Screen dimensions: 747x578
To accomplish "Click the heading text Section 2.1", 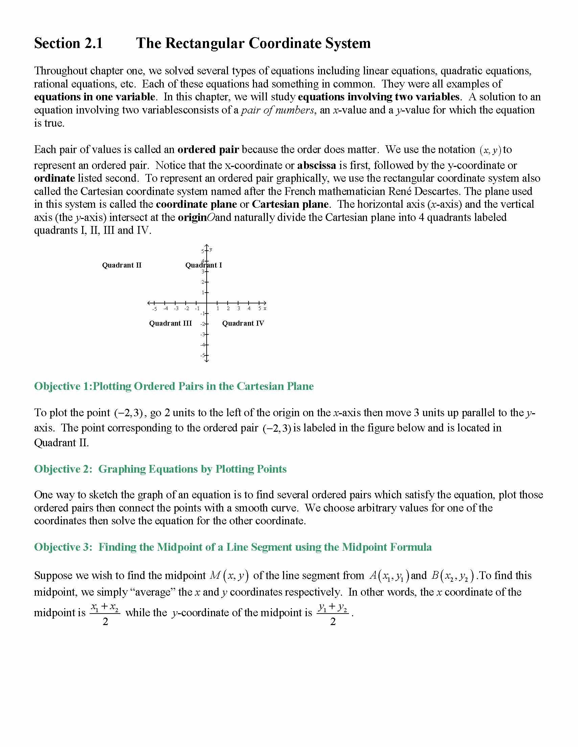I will pos(68,44).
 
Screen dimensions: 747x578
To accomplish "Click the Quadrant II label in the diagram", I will pos(121,265).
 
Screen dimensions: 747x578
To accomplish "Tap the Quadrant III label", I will pos(170,323).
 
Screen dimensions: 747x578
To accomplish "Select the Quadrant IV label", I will pos(243,323).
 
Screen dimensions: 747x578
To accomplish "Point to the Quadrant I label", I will pos(203,265).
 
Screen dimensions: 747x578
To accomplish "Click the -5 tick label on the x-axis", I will pos(155,308).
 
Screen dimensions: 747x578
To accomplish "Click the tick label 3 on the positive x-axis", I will pos(238,308).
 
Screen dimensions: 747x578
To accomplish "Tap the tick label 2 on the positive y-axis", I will pos(202,282).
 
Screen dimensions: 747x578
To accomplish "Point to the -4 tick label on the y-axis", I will pos(202,345).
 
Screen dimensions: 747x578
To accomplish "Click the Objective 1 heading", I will pos(174,386).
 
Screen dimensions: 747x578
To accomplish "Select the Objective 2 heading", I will pos(160,469).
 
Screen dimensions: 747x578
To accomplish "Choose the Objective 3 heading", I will pos(232,547).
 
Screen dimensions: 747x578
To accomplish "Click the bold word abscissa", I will pos(316,166).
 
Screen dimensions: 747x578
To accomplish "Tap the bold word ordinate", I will pos(54,178).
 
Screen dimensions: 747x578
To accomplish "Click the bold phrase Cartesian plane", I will pos(290,204).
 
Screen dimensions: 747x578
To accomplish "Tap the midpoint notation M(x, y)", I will pos(229,576).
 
